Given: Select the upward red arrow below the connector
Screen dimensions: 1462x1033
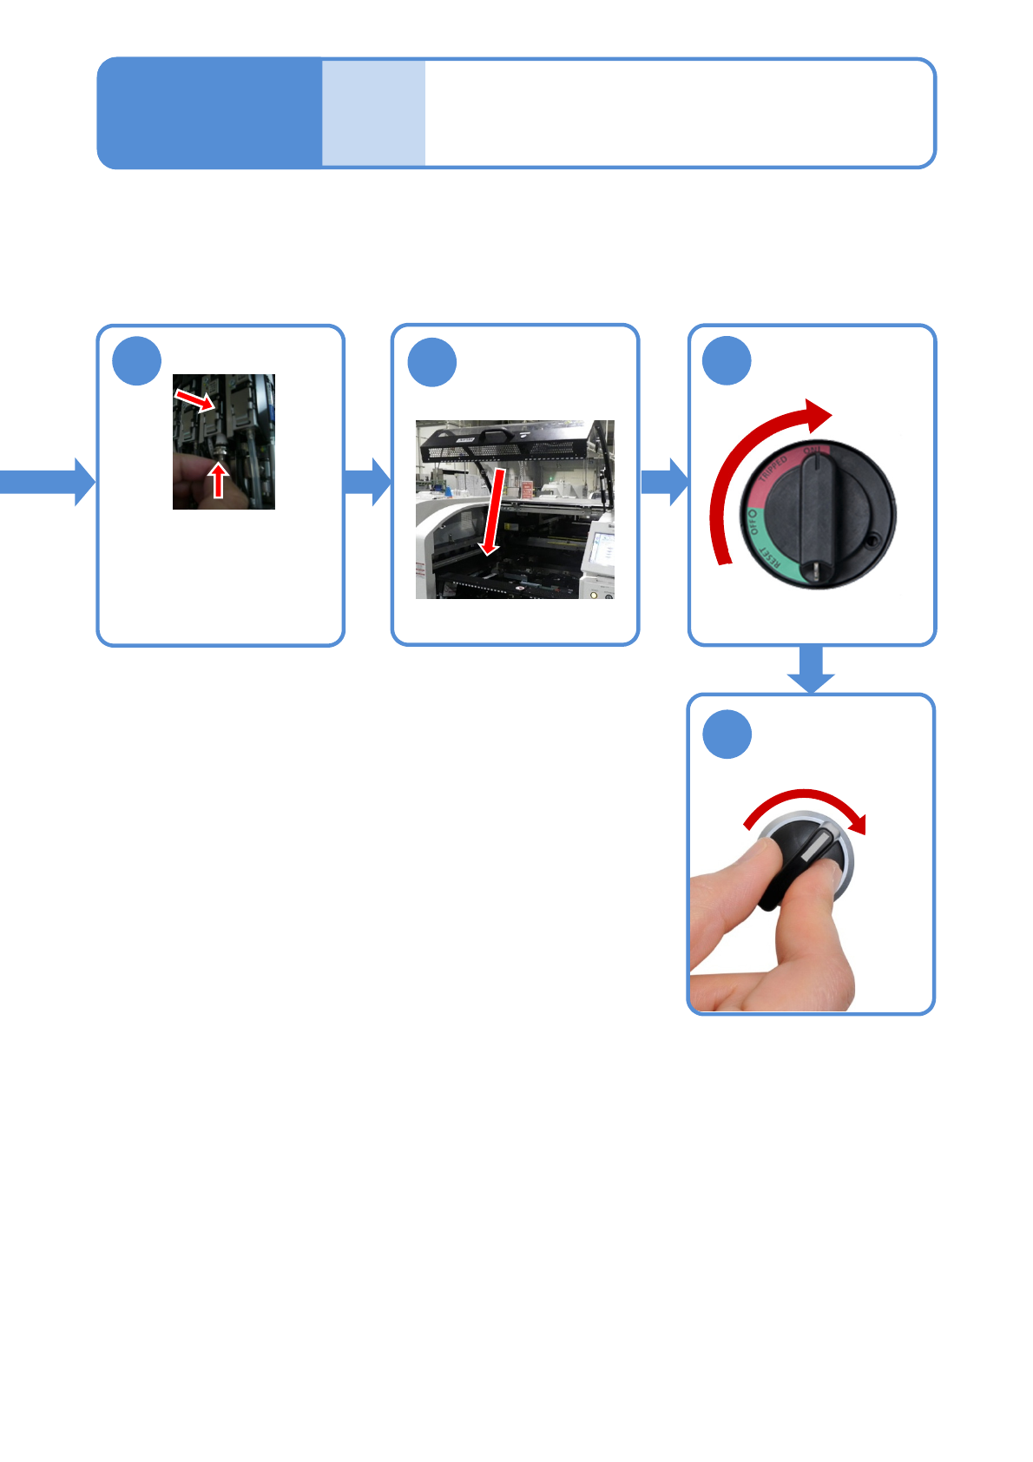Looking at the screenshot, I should coord(219,479).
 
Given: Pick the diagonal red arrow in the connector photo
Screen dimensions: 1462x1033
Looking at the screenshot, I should coord(195,400).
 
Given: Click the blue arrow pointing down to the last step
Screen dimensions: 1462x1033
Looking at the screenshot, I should coord(811,670).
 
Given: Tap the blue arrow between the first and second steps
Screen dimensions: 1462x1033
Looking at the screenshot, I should coord(368,482).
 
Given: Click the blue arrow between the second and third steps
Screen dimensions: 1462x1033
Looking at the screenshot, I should coord(664,482).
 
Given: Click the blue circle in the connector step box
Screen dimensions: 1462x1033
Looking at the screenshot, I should coord(137,361).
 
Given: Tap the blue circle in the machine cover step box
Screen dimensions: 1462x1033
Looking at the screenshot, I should coord(432,362).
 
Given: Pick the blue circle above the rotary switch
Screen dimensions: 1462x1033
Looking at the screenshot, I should coord(727,361).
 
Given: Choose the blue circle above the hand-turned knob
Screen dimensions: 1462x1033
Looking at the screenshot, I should coord(727,734).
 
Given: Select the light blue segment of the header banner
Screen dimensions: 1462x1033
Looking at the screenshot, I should coord(373,113).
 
